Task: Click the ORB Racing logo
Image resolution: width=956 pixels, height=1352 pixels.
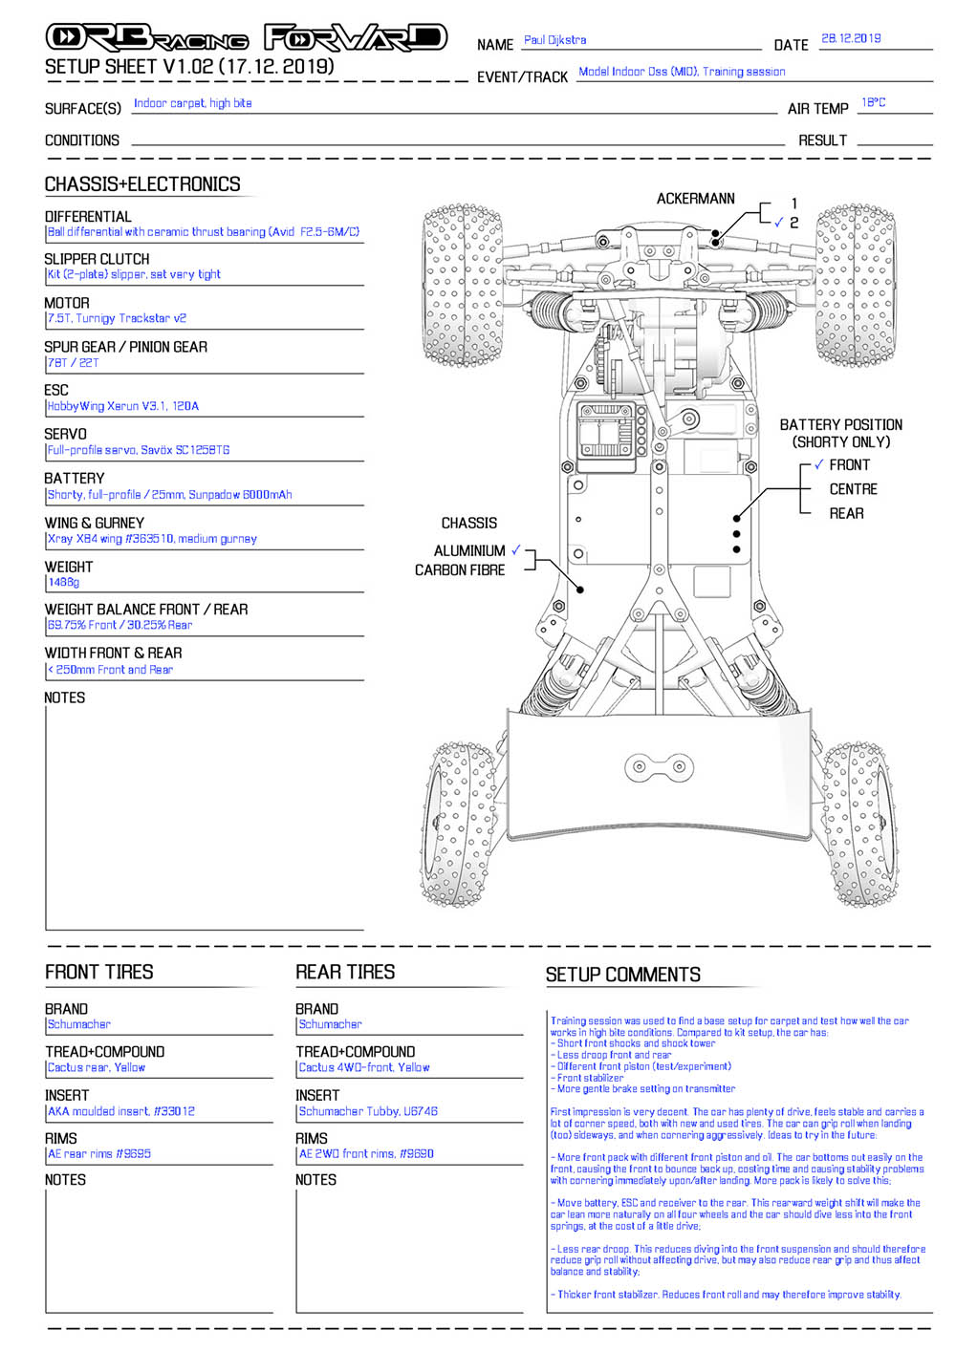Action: point(147,37)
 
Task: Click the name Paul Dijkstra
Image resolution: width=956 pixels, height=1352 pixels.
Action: point(554,40)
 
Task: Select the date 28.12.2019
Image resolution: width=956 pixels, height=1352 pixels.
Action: point(850,38)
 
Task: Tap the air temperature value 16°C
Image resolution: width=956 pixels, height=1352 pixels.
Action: point(873,102)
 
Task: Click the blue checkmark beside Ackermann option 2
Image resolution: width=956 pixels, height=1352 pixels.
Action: point(778,222)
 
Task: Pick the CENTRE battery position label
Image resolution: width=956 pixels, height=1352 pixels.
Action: point(853,489)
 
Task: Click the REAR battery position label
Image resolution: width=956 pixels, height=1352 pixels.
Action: point(846,513)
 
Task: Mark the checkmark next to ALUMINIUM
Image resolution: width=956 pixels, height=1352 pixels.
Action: point(515,549)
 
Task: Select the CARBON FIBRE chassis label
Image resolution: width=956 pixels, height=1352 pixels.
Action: point(460,569)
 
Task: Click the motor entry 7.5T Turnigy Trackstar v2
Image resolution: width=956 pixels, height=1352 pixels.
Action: point(118,318)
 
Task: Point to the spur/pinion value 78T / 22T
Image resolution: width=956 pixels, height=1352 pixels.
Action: point(73,363)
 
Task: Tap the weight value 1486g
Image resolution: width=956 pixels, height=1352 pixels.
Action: point(63,583)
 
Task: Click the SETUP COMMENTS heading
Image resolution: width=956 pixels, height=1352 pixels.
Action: point(622,975)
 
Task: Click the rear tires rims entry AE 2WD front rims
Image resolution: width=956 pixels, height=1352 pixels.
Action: point(366,1153)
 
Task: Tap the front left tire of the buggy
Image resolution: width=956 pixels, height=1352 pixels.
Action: point(463,285)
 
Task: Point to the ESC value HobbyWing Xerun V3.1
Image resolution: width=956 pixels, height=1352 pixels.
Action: point(123,406)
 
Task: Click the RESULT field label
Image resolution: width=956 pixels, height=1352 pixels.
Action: point(822,140)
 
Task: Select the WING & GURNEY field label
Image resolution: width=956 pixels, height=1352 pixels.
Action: point(95,523)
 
